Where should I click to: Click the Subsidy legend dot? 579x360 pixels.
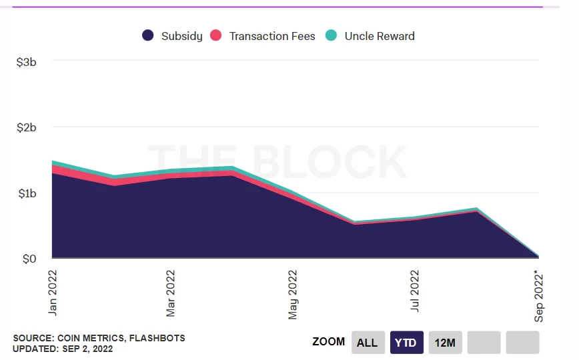click(x=148, y=36)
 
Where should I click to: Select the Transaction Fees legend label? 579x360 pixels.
click(x=272, y=36)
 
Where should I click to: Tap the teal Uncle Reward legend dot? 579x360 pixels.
click(x=331, y=36)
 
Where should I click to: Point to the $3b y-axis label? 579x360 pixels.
click(x=31, y=62)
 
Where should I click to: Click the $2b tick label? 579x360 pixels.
click(x=31, y=127)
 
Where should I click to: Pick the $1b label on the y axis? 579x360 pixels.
click(x=31, y=193)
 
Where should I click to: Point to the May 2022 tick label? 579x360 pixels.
click(x=293, y=294)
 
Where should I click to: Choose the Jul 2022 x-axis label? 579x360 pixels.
click(x=415, y=291)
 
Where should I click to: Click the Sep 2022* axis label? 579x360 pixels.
click(x=539, y=295)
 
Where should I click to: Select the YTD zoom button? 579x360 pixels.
click(x=406, y=343)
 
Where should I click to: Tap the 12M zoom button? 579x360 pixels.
click(x=445, y=343)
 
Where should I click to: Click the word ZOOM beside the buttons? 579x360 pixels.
click(x=329, y=342)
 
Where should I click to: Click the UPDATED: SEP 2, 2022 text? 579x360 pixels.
click(x=63, y=349)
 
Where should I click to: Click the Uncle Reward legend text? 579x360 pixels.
click(x=380, y=36)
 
